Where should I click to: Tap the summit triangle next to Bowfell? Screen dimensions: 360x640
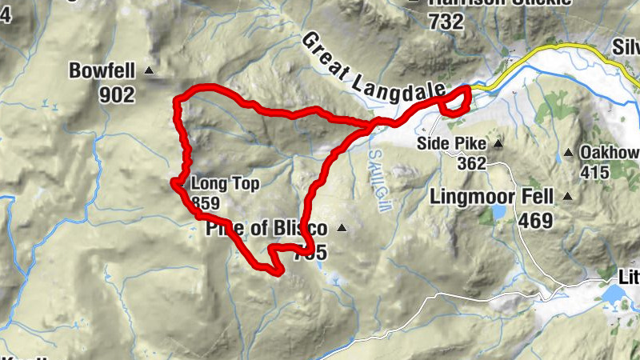click(x=148, y=72)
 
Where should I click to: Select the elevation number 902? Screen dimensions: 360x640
click(x=117, y=94)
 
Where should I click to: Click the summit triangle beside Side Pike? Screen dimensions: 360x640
click(x=498, y=145)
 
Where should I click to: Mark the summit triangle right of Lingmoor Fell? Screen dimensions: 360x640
click(x=569, y=196)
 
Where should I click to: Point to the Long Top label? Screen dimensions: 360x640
click(x=225, y=184)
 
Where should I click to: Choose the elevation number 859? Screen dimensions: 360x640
click(x=206, y=204)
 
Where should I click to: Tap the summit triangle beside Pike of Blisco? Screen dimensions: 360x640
click(x=342, y=229)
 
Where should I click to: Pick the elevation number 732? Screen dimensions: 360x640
click(x=446, y=22)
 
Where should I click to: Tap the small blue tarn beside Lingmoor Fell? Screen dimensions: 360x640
click(x=499, y=212)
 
